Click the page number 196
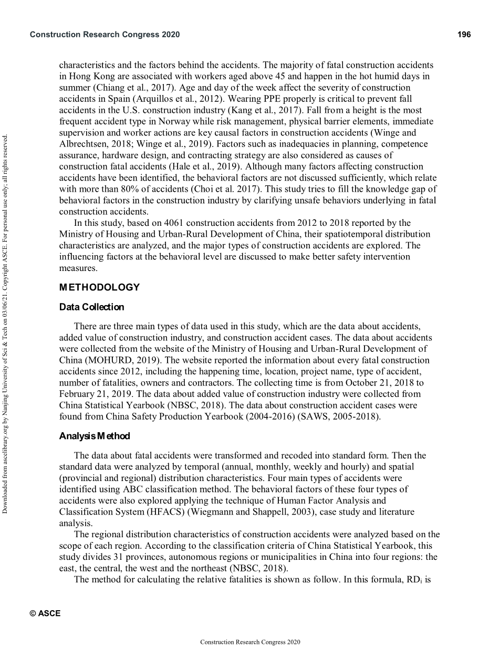(464, 35)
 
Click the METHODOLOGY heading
(99, 287)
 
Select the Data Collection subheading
(91, 307)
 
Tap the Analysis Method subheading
(94, 436)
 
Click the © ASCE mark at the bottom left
(45, 613)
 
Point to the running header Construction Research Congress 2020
(105, 35)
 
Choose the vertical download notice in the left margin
(6, 323)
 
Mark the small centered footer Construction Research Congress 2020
(250, 642)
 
